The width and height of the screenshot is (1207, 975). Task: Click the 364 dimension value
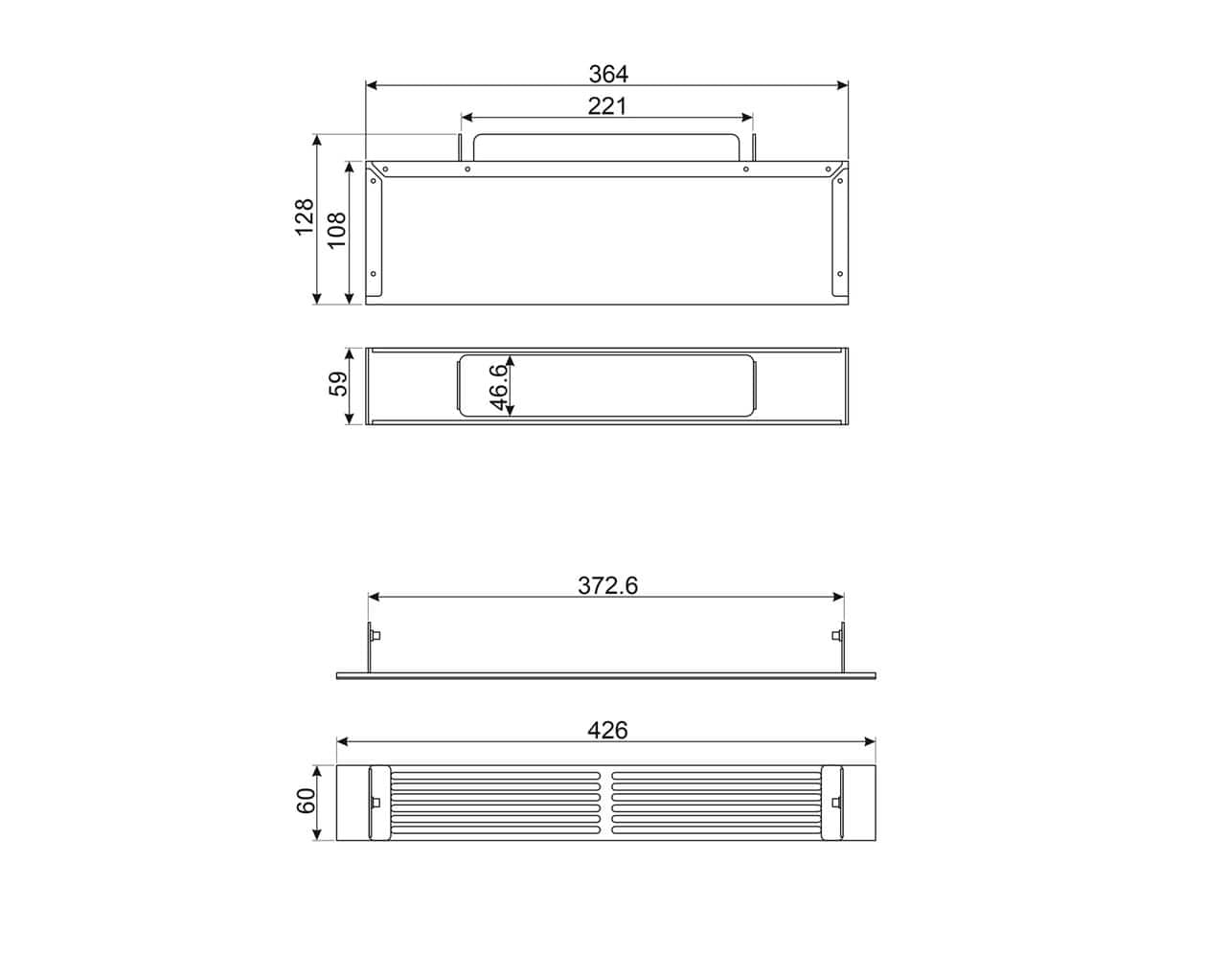click(608, 74)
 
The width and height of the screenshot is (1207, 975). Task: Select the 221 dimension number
click(607, 106)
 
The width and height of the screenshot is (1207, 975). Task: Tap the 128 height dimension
click(305, 217)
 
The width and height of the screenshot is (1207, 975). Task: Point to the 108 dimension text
click(336, 230)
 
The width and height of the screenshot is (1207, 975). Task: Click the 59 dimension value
click(338, 384)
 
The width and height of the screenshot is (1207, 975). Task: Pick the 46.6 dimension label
click(499, 387)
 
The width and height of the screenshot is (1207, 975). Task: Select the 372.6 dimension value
click(607, 586)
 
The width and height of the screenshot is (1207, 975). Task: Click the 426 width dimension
click(607, 730)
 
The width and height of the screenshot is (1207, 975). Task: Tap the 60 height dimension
click(306, 801)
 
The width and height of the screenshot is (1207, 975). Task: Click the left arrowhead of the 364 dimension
click(371, 85)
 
